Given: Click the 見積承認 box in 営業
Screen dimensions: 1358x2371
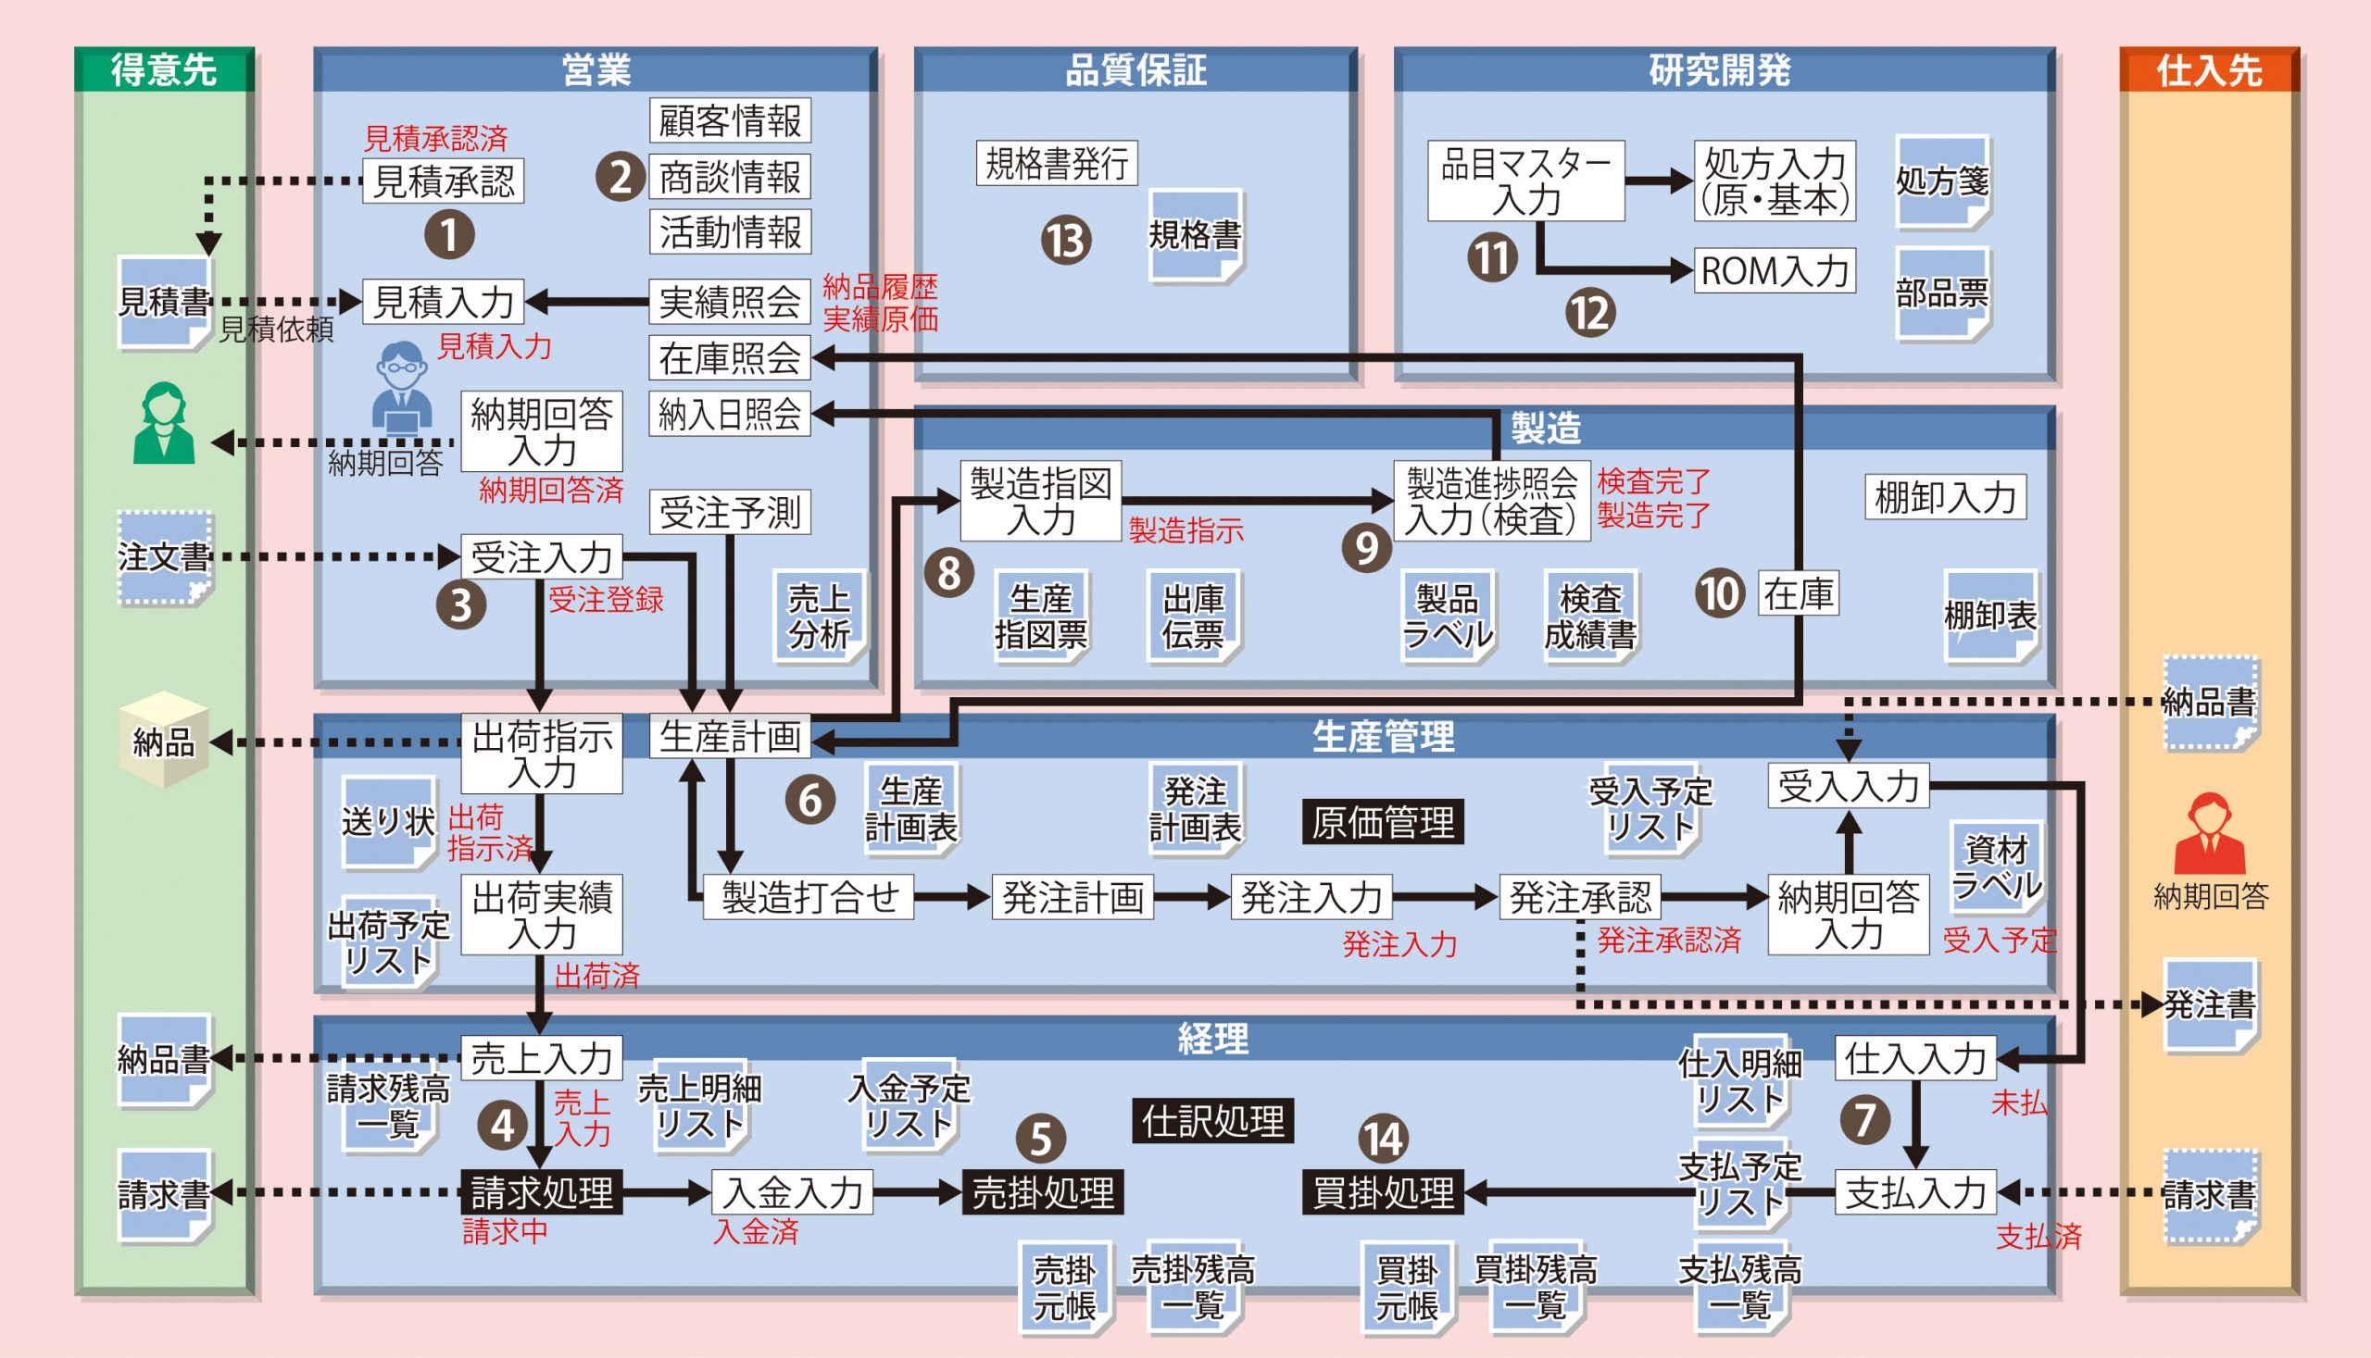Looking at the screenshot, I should point(444,181).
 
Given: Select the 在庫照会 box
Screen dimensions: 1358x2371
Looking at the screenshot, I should point(730,358).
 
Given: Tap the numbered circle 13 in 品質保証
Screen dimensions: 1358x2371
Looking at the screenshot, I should point(1066,241).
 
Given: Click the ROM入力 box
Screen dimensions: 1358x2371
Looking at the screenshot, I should point(1774,270).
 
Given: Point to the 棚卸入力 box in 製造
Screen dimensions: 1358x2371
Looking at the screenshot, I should point(1945,497).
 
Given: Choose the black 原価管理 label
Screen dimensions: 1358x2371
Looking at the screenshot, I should point(1382,823).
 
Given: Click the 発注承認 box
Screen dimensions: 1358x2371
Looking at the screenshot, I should point(1580,897).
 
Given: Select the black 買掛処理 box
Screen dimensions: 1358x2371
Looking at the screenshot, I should point(1383,1192).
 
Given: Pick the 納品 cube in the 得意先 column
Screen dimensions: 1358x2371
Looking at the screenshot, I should point(164,740).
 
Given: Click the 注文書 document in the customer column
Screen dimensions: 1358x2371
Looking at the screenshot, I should point(164,557).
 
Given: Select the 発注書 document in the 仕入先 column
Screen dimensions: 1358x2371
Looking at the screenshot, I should point(2210,1004).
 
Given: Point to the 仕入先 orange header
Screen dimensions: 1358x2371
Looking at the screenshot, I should point(2209,70).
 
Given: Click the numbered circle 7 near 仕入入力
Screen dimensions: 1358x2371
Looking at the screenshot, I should point(1864,1119).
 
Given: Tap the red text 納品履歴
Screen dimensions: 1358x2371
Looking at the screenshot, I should point(879,287).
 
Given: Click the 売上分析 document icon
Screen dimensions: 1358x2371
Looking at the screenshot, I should point(820,616).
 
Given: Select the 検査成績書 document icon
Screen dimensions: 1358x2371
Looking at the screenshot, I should point(1590,616).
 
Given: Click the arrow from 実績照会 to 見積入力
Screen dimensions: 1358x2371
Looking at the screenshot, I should point(588,301).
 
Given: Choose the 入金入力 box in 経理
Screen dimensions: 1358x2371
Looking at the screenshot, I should point(792,1192).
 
